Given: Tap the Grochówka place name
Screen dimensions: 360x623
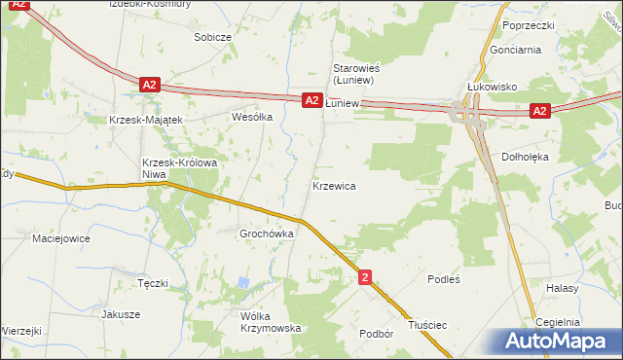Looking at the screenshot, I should click(267, 234).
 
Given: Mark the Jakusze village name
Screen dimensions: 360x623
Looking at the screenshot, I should click(121, 314).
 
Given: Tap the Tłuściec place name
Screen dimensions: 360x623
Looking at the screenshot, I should click(428, 325).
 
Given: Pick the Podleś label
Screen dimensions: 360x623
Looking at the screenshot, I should click(443, 278).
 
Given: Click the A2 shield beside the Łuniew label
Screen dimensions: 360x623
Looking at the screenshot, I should click(311, 100).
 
